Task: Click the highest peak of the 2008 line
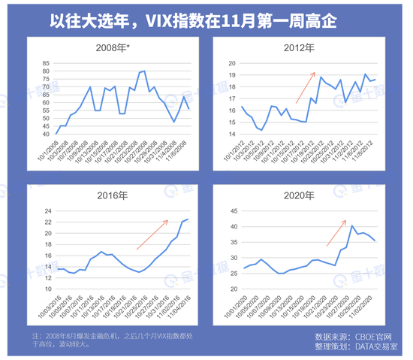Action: [x=143, y=71]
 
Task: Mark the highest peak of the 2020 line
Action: [x=353, y=225]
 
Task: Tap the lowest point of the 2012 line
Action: [x=261, y=130]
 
